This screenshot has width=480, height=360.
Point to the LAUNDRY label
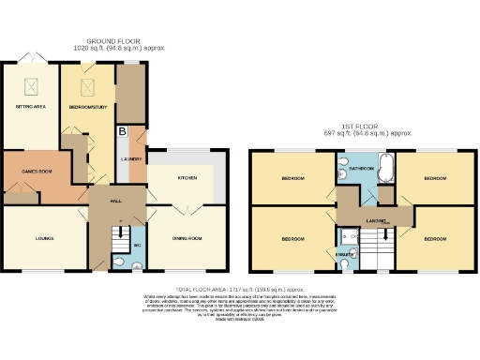click(131, 160)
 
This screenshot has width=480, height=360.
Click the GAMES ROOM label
click(31, 172)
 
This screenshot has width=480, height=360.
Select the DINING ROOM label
click(187, 238)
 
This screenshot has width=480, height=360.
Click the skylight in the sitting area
click(30, 86)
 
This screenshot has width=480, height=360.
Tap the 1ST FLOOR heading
click(365, 125)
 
